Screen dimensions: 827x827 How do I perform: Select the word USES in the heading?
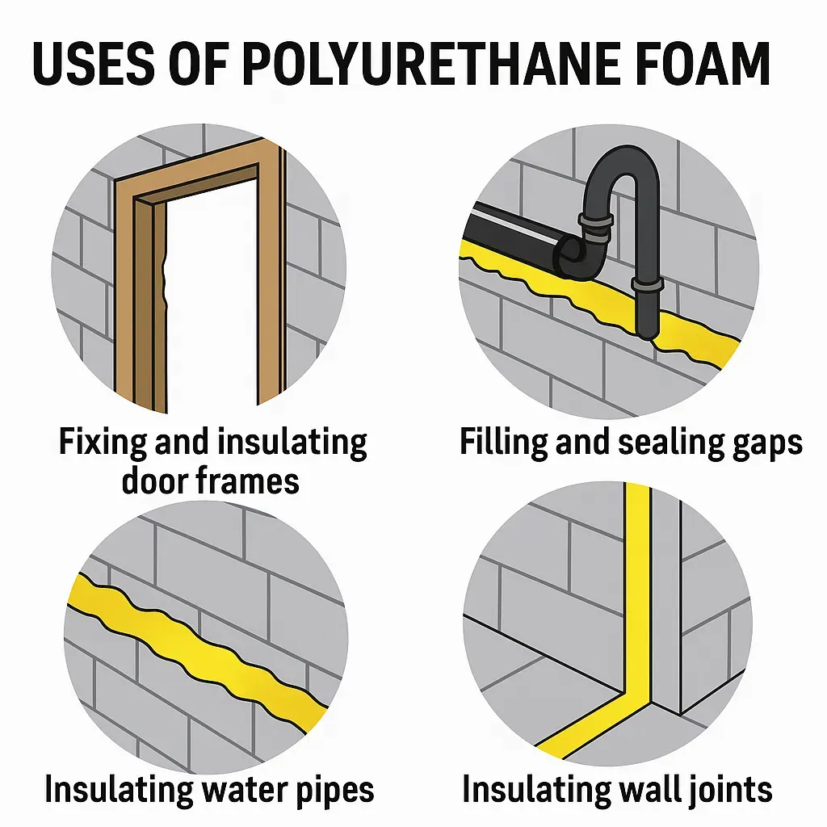coord(93,64)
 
